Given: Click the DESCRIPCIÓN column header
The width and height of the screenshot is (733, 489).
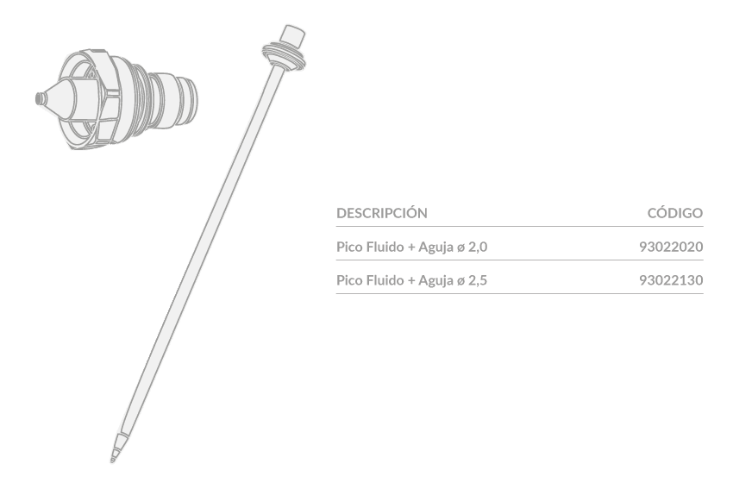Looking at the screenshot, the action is coord(381,213).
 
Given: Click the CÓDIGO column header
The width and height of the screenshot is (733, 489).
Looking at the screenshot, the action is coord(675,213).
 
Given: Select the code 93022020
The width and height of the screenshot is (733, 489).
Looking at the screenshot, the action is coord(671,247).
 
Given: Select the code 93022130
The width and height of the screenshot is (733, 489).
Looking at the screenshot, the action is coord(671,280).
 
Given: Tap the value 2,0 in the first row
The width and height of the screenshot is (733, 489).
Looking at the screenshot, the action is coord(478,247).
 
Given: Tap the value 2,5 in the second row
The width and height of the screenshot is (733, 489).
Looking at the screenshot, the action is coord(478,280).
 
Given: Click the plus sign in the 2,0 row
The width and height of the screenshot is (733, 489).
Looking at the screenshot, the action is coord(411,248).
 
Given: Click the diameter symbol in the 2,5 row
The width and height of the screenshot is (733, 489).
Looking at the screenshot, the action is coord(461,281).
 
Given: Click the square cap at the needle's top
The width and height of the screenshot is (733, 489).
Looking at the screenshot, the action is coord(292,36).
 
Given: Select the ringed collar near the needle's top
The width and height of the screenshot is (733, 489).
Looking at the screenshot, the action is coord(285,56).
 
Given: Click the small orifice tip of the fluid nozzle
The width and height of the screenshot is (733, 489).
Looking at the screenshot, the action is coord(41,98).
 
